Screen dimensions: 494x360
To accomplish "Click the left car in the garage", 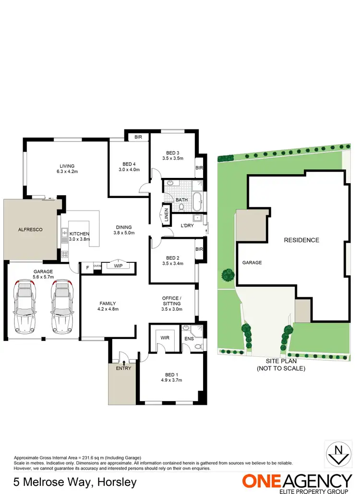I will pos(25,307).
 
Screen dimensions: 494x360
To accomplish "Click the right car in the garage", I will pos(61,307).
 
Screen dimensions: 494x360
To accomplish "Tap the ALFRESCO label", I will pos(30,230).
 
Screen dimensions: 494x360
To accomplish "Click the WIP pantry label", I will pos(118,265).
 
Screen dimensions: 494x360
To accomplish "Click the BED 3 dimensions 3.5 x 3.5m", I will pos(173,158).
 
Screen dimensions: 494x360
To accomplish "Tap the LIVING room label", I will pos(67,166).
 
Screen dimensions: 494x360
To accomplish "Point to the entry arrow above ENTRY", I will pos(124,363).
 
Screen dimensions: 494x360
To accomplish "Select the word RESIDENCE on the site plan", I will pos(301,240).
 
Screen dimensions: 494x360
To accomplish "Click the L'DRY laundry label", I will pos(187,225).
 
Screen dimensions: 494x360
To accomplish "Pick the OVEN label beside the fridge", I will pos(97,266).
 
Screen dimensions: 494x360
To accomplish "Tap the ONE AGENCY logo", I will pos(297,481).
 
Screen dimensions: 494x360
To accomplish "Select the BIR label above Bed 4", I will pos(139,137).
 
